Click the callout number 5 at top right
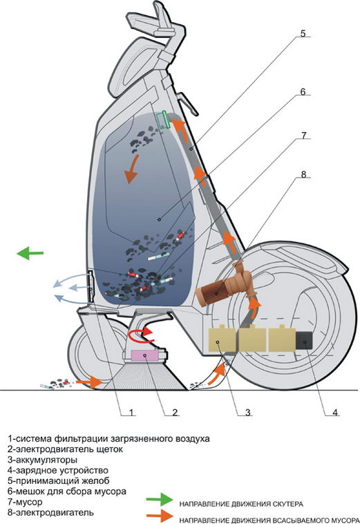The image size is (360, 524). [x=303, y=33]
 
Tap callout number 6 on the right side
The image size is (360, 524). [x=303, y=91]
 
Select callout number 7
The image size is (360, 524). [x=303, y=135]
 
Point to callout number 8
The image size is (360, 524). [x=303, y=174]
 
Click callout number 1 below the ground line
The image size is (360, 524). [x=131, y=413]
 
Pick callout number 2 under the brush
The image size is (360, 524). [x=175, y=413]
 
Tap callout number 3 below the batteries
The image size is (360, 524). [x=247, y=413]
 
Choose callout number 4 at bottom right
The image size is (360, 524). [x=335, y=413]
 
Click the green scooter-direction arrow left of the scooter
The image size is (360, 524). [x=30, y=253]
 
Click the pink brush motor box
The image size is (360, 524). [x=146, y=355]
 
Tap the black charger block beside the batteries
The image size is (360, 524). [x=304, y=341]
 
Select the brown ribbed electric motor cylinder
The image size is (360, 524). [x=210, y=293]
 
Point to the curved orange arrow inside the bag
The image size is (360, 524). [x=131, y=169]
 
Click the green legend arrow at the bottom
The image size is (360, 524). [x=160, y=499]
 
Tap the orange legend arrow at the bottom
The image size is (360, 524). [x=160, y=516]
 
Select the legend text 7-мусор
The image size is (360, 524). [x=25, y=502]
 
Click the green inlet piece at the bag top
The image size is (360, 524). [x=164, y=120]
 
